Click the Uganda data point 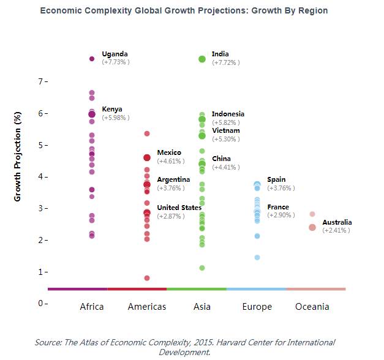pos(92,59)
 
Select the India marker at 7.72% pos(202,59)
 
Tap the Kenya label pos(112,109)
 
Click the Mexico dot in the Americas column pos(147,158)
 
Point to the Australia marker pos(312,227)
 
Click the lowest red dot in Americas pos(147,278)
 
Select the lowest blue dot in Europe pos(257,257)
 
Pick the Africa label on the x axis pos(92,307)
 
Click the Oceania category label pos(312,307)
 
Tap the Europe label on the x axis pos(257,307)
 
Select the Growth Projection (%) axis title pos(18,157)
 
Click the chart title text pos(192,11)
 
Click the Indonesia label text pos(228,114)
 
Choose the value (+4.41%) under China pos(225,167)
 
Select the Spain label pos(276,180)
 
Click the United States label pos(179,208)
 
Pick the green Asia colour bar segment pos(197,289)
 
